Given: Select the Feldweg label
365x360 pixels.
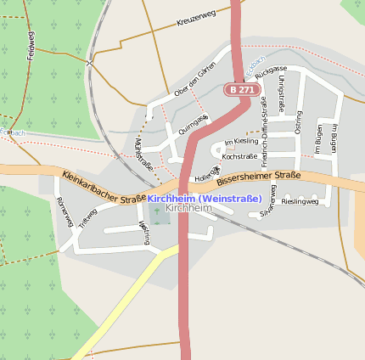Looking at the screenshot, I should point(31,44).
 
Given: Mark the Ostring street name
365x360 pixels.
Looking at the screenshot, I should point(297,124).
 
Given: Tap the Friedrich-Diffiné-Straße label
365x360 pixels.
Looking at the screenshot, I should point(265,125).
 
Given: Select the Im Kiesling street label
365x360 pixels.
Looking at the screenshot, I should point(240,142).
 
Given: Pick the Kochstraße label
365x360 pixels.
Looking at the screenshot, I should point(239,157).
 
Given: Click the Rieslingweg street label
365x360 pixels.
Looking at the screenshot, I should point(300,202).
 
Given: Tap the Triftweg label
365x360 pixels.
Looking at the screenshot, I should point(87,218).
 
